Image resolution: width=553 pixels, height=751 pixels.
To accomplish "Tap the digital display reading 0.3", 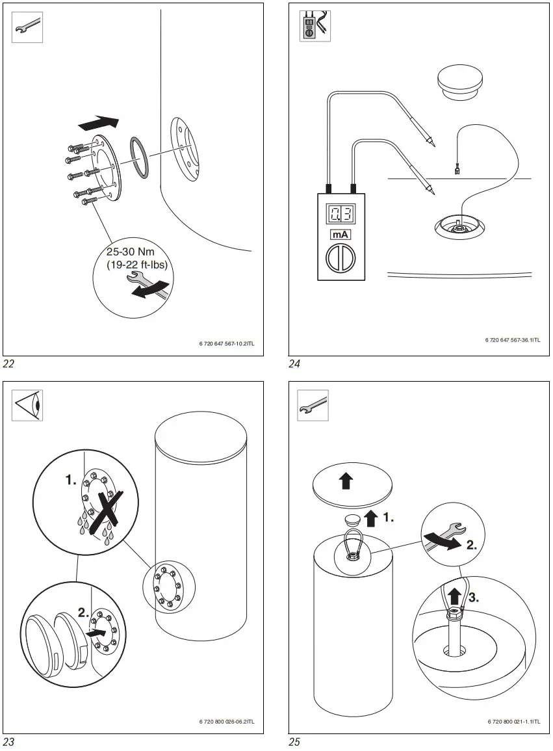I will click(341, 214).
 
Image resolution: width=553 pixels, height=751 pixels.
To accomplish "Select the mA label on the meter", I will click(341, 235).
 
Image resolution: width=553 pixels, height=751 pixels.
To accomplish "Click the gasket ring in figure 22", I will click(141, 157).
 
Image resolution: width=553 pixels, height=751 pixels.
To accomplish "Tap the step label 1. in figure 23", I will click(70, 481).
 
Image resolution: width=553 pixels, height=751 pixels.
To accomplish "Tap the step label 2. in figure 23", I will click(84, 613).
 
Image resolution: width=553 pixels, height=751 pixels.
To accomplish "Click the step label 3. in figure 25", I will click(473, 598).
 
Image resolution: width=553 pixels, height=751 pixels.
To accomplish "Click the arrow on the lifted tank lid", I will click(346, 481).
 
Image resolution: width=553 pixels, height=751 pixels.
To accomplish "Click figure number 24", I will click(295, 363).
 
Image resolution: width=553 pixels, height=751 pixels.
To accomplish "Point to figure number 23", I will click(8, 741).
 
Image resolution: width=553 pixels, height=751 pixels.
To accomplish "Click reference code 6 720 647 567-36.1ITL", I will click(513, 340).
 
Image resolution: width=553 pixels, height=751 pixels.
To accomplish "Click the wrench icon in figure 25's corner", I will click(313, 405).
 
